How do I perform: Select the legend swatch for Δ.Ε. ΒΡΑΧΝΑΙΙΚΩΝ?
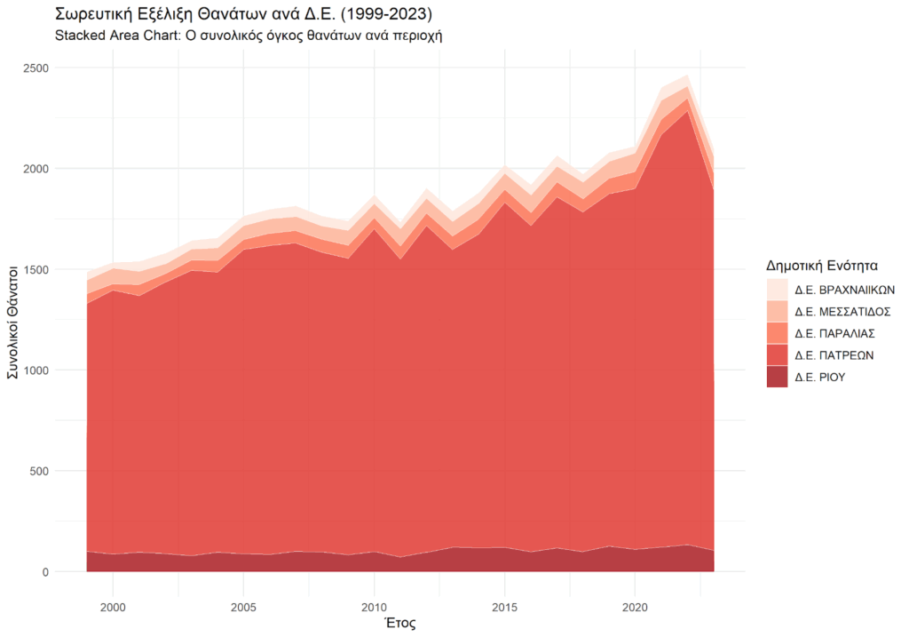pyautogui.click(x=777, y=290)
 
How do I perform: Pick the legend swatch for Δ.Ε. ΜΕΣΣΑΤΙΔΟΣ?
pyautogui.click(x=777, y=312)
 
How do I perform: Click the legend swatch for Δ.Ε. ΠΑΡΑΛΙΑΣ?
pyautogui.click(x=777, y=333)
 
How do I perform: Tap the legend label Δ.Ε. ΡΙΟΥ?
pyautogui.click(x=819, y=377)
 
